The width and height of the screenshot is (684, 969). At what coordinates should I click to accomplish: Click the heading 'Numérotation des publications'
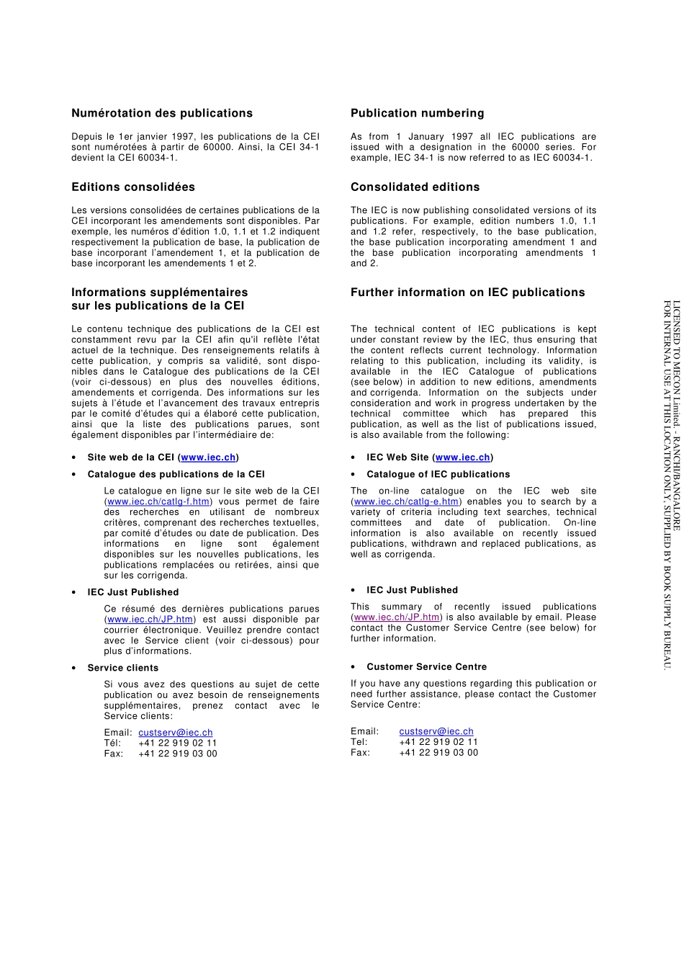coord(162,113)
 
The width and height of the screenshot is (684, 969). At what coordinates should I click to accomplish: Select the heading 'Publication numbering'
coord(417,113)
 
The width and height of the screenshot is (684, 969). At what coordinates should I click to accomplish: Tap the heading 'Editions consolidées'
coord(133,187)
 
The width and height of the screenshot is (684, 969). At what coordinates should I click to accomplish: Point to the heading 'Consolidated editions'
coord(415,187)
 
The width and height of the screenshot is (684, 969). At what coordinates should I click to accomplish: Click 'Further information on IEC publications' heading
coord(467,293)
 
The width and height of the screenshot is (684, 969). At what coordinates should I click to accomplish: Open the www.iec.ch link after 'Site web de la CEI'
coord(208,457)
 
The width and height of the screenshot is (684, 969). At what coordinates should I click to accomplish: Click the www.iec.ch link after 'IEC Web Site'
coord(462,457)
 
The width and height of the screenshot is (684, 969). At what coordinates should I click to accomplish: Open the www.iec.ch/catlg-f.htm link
coord(158,501)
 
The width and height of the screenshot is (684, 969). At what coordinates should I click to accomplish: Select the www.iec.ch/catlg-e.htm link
coord(406,501)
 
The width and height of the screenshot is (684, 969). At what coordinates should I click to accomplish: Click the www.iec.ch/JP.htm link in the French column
coord(150,620)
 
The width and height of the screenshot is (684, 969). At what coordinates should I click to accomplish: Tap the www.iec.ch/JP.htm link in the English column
coord(397,617)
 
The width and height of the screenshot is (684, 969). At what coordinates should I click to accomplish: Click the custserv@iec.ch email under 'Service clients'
coord(175,733)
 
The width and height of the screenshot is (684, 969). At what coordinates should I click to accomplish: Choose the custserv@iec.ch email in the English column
coord(436,731)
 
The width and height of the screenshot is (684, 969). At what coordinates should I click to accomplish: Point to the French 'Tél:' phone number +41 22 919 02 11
coord(177,743)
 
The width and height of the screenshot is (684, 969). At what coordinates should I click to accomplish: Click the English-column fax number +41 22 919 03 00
coord(438,752)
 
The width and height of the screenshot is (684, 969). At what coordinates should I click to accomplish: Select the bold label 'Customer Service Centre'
coord(426,667)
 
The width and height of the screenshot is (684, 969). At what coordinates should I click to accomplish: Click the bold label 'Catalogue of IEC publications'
coord(438,475)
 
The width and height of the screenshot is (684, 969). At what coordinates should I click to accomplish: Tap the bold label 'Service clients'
coord(123,668)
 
